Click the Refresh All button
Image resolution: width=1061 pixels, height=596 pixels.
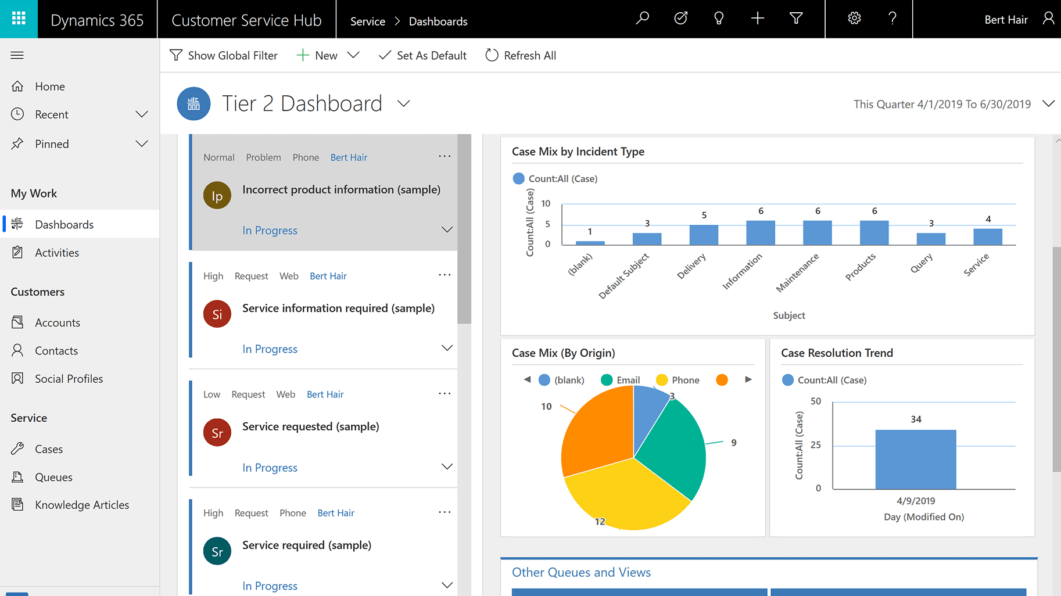coord(521,56)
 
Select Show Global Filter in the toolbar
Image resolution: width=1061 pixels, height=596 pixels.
coord(224,56)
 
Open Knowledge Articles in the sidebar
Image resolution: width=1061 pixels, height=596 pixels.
coord(81,505)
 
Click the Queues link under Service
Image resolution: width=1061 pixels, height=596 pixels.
coord(53,477)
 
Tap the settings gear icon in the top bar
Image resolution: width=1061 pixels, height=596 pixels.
coord(854,19)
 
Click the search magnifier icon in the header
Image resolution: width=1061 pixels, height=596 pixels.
coord(642,19)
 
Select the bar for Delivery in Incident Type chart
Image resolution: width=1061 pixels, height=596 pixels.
coord(704,235)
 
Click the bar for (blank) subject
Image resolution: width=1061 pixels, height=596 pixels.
coord(590,243)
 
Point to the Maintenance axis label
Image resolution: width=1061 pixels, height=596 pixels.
coord(797,272)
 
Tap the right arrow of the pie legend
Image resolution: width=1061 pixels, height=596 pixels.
coord(748,379)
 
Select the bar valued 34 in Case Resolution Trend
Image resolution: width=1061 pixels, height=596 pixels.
coord(915,459)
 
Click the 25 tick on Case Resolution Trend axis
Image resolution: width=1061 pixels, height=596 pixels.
coord(815,445)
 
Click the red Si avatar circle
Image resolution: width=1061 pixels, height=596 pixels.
coord(217,314)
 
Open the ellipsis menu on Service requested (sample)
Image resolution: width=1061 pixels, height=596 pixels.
coord(445,393)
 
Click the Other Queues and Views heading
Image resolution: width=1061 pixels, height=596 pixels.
coord(581,572)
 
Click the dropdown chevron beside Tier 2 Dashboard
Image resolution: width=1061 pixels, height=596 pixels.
coord(404,104)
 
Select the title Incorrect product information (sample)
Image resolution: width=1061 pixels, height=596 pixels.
coord(341,190)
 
